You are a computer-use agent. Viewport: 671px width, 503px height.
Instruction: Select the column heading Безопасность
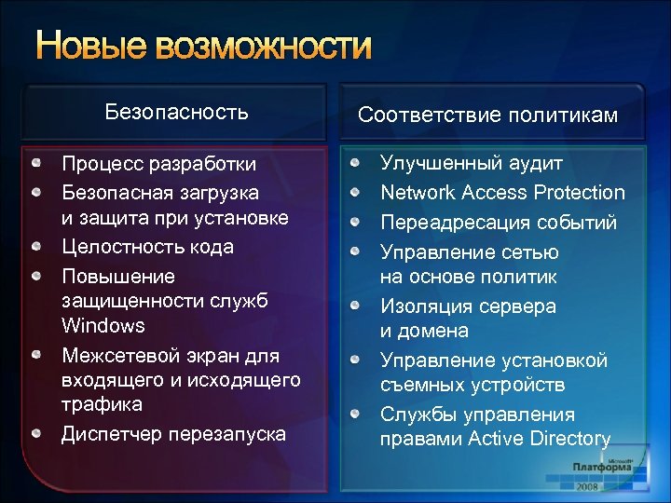[x=177, y=113]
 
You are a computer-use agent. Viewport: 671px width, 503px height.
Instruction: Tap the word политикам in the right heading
[x=565, y=115]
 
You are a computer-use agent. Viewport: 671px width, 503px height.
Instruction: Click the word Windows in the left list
[x=103, y=326]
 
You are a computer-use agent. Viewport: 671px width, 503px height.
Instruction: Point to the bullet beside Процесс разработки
[x=35, y=164]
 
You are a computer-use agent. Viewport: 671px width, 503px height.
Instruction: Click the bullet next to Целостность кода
[x=35, y=247]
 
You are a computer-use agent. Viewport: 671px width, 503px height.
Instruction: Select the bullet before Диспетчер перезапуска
[x=35, y=434]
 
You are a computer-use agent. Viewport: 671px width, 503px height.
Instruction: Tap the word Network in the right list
[x=416, y=193]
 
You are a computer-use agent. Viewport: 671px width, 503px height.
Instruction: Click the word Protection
[x=581, y=193]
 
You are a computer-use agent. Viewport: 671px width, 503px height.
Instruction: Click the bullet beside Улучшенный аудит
[x=355, y=163]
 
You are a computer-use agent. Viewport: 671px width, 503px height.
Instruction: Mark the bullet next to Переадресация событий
[x=355, y=223]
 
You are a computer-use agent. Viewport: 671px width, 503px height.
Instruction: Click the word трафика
[x=103, y=404]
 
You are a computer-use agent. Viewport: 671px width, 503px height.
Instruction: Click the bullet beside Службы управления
[x=355, y=414]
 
